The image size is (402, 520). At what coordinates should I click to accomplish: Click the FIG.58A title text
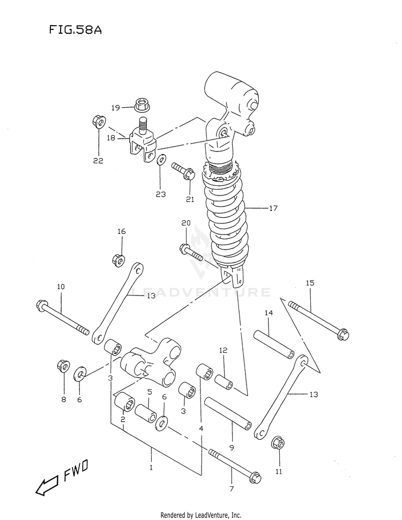[75, 30]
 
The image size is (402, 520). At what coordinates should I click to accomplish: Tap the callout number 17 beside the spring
[273, 208]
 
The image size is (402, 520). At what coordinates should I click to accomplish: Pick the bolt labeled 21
[183, 172]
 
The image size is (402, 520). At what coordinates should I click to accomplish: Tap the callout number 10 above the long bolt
[61, 287]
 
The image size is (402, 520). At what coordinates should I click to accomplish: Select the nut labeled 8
[63, 366]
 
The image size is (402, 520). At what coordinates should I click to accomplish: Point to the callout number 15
[310, 283]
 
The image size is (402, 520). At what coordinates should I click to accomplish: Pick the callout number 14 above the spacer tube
[269, 312]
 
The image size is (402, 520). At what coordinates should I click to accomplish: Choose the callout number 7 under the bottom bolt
[232, 488]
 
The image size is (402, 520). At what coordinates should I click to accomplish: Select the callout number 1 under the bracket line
[151, 467]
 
